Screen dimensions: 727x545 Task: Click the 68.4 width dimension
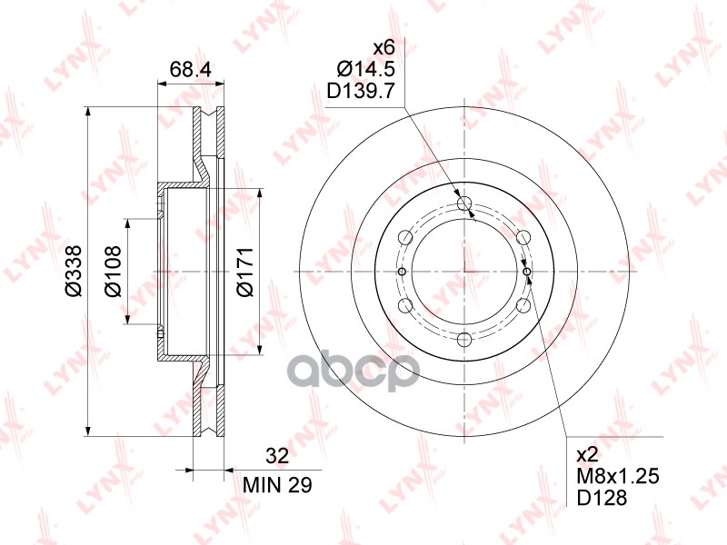190,70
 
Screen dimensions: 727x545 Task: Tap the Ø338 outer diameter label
74,271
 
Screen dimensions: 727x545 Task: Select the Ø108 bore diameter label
113,271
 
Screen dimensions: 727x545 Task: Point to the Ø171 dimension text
245,271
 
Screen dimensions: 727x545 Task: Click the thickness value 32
277,456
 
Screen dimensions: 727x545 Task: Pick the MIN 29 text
278,485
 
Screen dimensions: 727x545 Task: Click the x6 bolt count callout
383,47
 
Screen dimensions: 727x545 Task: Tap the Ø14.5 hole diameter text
366,69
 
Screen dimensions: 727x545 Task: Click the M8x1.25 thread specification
618,476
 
